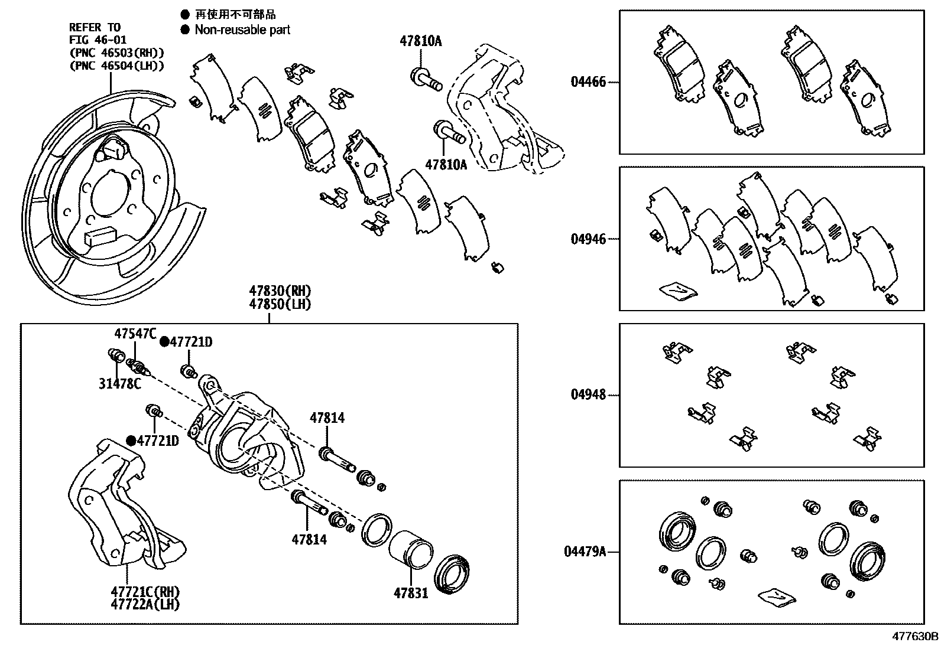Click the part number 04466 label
[x=588, y=81]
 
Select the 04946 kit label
[x=588, y=239]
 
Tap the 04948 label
[x=588, y=394]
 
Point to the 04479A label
[x=585, y=552]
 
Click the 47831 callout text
[x=411, y=592]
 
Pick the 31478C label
[x=120, y=384]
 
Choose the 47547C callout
[x=135, y=334]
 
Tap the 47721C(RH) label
[x=145, y=592]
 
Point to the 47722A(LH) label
[x=145, y=604]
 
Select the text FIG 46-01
[x=98, y=40]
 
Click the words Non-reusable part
[x=242, y=30]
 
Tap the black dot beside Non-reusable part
[x=186, y=30]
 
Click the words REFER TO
[x=95, y=27]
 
